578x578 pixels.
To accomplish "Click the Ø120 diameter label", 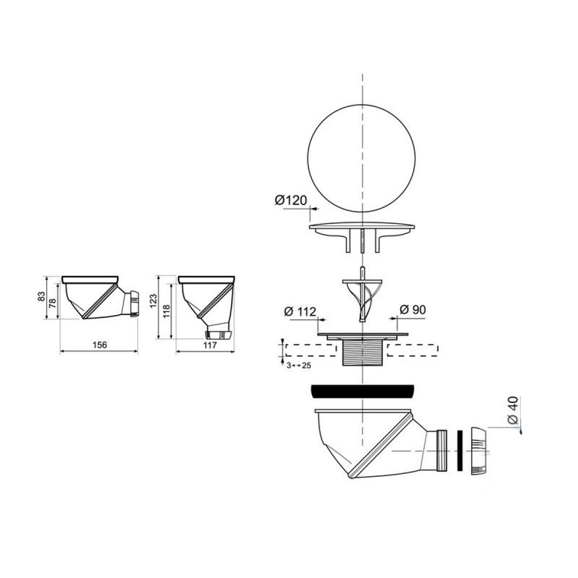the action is (x=291, y=200).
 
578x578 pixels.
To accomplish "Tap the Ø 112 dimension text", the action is (x=300, y=312).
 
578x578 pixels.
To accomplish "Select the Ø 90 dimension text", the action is (x=413, y=310).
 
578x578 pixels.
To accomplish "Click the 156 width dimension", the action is (x=100, y=345).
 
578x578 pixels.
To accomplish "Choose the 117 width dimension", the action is (x=210, y=345).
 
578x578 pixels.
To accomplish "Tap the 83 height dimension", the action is (x=42, y=296).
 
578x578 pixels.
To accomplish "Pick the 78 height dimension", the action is (x=53, y=301).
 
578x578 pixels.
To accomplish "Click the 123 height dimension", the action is (x=153, y=301).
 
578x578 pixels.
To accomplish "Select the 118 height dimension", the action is (x=167, y=312).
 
